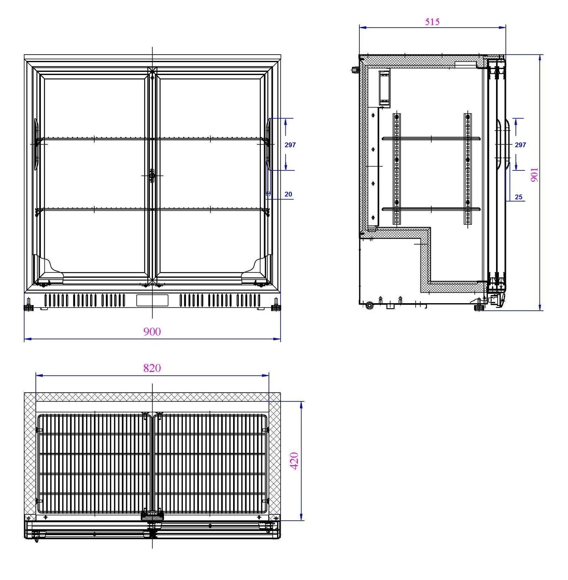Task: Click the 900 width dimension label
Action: pos(152,332)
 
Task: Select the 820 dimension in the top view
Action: pos(152,368)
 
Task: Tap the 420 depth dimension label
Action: pos(294,460)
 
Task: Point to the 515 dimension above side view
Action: pos(432,22)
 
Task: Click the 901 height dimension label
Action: pos(535,175)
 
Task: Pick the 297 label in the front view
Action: pos(290,145)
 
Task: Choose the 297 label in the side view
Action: pos(520,145)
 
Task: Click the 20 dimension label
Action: pos(288,194)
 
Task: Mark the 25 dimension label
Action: pos(518,197)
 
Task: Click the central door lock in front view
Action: pos(152,176)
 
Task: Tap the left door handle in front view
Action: pos(36,144)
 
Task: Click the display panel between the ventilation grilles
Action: pos(152,300)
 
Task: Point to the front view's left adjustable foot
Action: pos(29,306)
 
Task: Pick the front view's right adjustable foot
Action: pos(276,306)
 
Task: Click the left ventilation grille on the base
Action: pos(85,301)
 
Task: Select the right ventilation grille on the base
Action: pos(220,301)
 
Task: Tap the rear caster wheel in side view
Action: pos(369,306)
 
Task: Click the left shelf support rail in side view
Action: pos(397,169)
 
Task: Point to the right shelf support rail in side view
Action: pos(468,169)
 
